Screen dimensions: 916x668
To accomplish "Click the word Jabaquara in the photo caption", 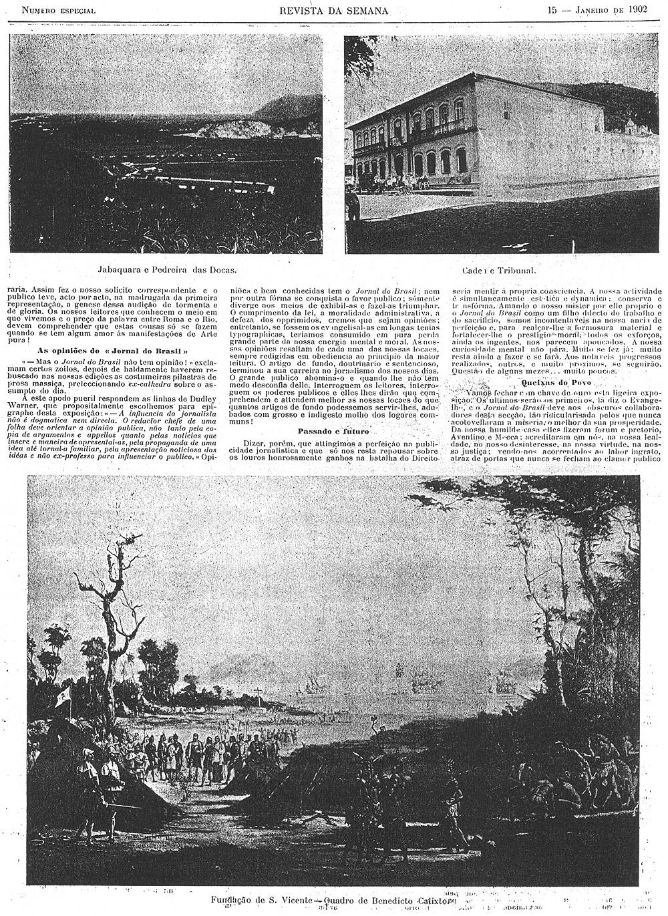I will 120,270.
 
